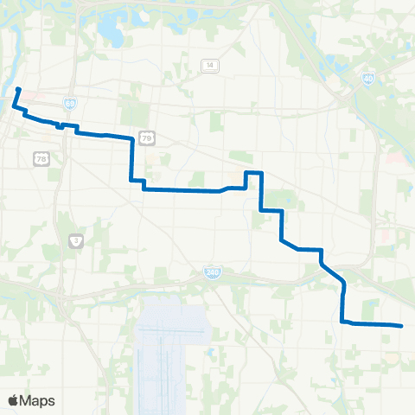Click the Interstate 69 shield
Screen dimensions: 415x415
[69, 103]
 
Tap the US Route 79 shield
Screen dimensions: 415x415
[148, 137]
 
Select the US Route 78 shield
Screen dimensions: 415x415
[40, 158]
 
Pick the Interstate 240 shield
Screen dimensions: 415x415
[212, 272]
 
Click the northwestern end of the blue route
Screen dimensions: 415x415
[18, 89]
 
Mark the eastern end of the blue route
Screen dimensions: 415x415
[401, 326]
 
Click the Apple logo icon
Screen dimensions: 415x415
[14, 400]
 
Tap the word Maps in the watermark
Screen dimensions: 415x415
[38, 400]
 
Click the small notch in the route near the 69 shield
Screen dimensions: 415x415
[60, 124]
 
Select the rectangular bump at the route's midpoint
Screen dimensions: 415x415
[252, 179]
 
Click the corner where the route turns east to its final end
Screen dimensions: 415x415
[343, 322]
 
